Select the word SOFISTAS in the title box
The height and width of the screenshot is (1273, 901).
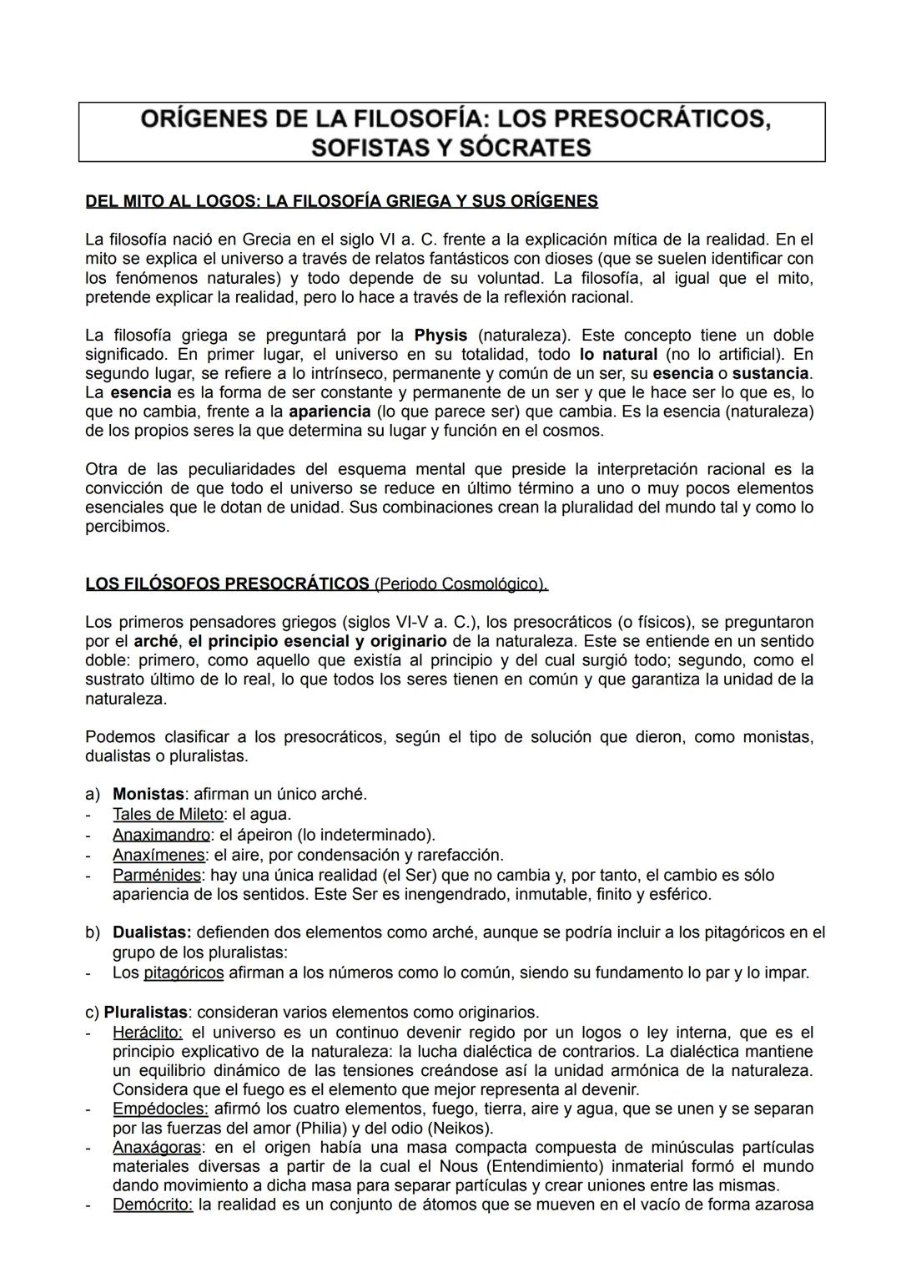pyautogui.click(x=365, y=148)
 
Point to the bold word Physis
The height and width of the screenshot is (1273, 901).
pyautogui.click(x=440, y=335)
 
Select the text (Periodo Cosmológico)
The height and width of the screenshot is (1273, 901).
pyautogui.click(x=461, y=583)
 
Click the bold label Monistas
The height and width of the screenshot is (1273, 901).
pyautogui.click(x=148, y=794)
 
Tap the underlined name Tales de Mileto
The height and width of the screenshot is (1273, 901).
pyautogui.click(x=168, y=814)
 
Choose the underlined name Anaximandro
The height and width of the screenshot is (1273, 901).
pyautogui.click(x=161, y=835)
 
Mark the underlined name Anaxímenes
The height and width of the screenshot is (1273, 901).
pyautogui.click(x=159, y=855)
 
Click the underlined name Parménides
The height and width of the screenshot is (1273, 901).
pyautogui.click(x=157, y=875)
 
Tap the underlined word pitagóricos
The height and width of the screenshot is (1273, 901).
pyautogui.click(x=184, y=972)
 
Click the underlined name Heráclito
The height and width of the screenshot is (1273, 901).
pyautogui.click(x=148, y=1032)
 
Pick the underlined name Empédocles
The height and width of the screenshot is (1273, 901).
pyautogui.click(x=160, y=1109)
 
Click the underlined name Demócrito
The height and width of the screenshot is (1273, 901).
pyautogui.click(x=153, y=1205)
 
